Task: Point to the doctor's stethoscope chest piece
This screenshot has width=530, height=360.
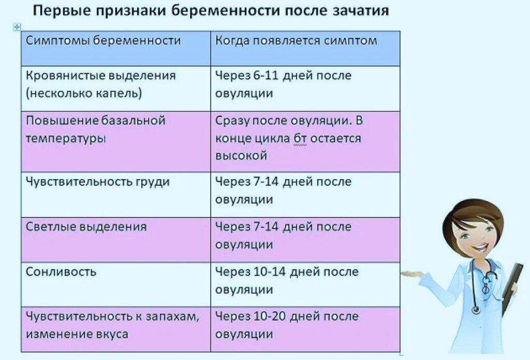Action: coord(475,310)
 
